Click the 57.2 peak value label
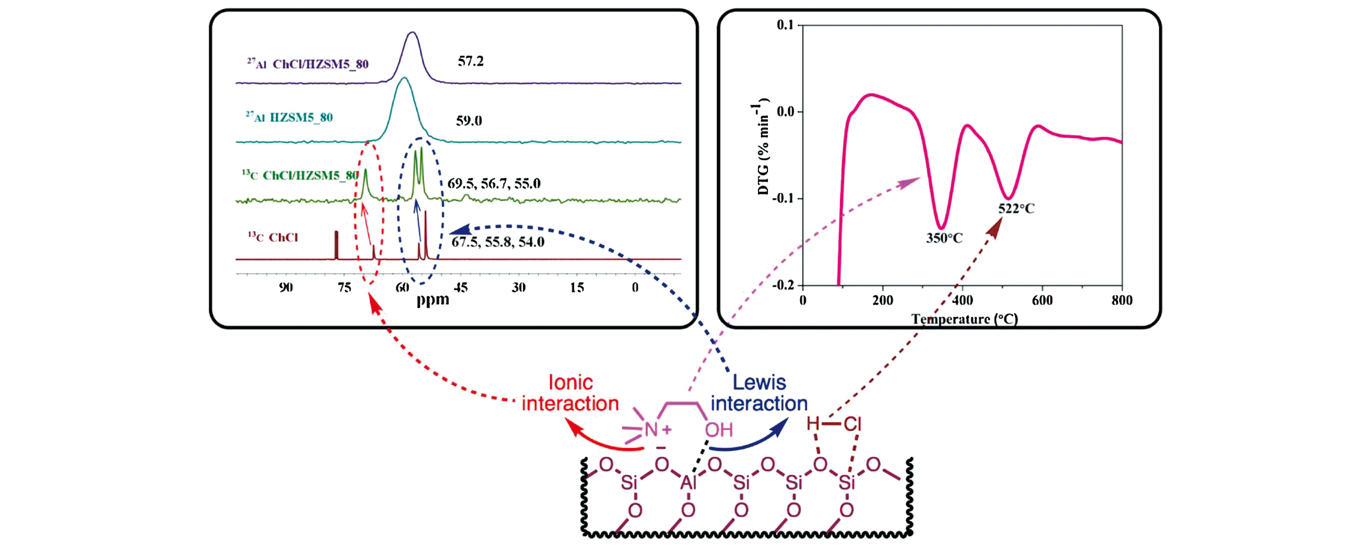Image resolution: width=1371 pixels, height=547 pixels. click(471, 61)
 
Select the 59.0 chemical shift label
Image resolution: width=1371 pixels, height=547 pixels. click(469, 121)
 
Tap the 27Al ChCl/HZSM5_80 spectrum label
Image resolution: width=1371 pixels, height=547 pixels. click(308, 64)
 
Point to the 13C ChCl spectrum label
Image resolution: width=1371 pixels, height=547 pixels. click(273, 237)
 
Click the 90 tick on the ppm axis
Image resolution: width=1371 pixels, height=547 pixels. click(286, 287)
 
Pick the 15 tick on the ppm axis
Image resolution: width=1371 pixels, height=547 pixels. click(577, 287)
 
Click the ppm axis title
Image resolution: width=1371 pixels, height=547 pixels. click(433, 299)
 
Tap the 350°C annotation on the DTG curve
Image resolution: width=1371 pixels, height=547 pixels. click(944, 238)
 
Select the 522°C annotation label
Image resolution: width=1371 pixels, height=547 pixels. click(1016, 209)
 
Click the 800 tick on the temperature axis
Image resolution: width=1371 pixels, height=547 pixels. click(1122, 300)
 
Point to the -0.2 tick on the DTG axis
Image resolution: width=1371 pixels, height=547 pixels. click(783, 285)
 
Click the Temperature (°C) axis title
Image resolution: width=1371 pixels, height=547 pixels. click(965, 319)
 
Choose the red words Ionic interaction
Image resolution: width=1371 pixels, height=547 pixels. click(570, 393)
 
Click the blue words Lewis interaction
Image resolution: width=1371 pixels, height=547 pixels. click(759, 393)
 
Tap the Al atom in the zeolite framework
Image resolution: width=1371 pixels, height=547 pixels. click(688, 483)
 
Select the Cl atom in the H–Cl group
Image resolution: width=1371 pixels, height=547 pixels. click(852, 424)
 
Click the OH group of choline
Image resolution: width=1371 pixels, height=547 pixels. click(718, 429)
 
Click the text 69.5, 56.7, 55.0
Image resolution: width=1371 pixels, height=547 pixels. click(494, 184)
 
